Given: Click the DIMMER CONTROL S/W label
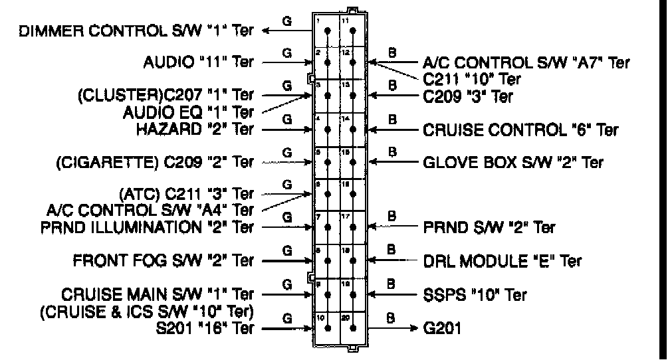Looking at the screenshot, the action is click(x=132, y=31).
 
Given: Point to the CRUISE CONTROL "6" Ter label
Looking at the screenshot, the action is click(x=520, y=129).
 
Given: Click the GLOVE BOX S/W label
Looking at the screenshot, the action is click(x=513, y=161).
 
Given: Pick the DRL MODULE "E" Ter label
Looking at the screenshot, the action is click(x=502, y=260).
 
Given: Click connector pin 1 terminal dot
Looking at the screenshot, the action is click(x=327, y=31).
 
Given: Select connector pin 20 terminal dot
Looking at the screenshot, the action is click(x=352, y=327).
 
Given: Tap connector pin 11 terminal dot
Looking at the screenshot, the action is click(x=352, y=31).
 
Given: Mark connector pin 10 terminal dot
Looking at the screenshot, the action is click(x=327, y=327).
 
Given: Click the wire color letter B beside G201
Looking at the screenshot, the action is click(x=392, y=318).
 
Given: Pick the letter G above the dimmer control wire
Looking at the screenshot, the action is click(x=287, y=21).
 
